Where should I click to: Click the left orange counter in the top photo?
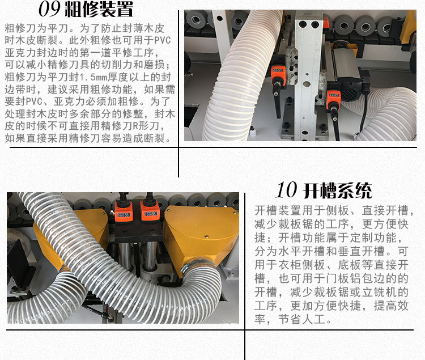(278, 73)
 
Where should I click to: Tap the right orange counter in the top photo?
(333, 95)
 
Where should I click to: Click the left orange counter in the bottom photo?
(122, 214)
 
